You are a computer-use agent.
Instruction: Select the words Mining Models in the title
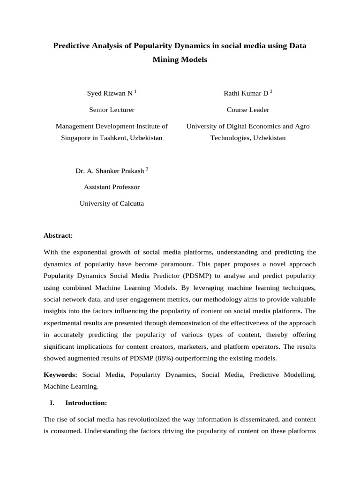pyautogui.click(x=180, y=60)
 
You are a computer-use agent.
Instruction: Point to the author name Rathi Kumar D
pyautogui.click(x=246, y=93)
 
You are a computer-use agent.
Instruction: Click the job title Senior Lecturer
pyautogui.click(x=112, y=110)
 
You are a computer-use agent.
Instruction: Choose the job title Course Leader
pyautogui.click(x=248, y=110)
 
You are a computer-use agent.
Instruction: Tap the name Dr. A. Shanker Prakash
pyautogui.click(x=110, y=171)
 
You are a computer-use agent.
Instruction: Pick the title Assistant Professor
pyautogui.click(x=112, y=187)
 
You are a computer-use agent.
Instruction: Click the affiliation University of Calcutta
pyautogui.click(x=112, y=203)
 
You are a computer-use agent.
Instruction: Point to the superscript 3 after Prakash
pyautogui.click(x=147, y=169)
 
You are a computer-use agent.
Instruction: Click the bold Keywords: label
pyautogui.click(x=60, y=375)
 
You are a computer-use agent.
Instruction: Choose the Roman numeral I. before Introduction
pyautogui.click(x=52, y=403)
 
